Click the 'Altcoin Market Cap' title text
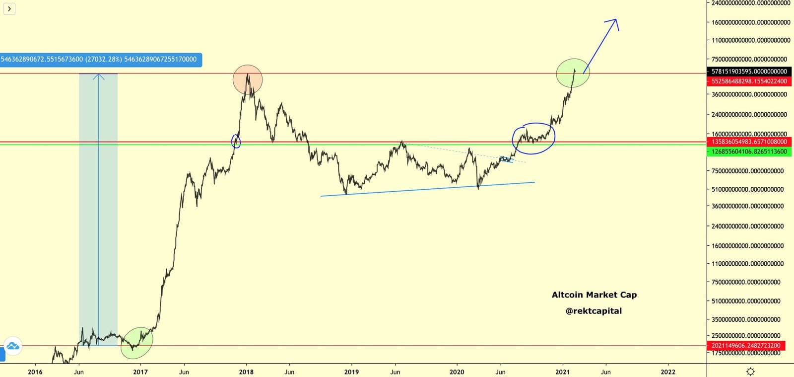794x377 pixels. (594, 295)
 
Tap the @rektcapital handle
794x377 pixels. (594, 311)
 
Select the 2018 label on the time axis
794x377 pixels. (246, 372)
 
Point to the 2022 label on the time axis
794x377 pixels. (668, 372)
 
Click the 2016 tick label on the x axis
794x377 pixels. (35, 372)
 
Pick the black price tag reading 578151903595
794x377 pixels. (749, 72)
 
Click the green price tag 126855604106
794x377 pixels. (749, 151)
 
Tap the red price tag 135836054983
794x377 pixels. (749, 142)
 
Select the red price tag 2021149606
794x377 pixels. (746, 346)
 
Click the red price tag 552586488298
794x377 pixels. (749, 81)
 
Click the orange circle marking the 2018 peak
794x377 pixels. (248, 79)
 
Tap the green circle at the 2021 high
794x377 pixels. (573, 73)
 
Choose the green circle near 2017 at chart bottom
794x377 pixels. (137, 343)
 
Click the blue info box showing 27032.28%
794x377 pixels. (101, 60)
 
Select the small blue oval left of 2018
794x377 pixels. (236, 142)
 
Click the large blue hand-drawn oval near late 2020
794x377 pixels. (533, 138)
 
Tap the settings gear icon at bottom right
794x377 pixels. (750, 372)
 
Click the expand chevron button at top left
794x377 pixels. (9, 8)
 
